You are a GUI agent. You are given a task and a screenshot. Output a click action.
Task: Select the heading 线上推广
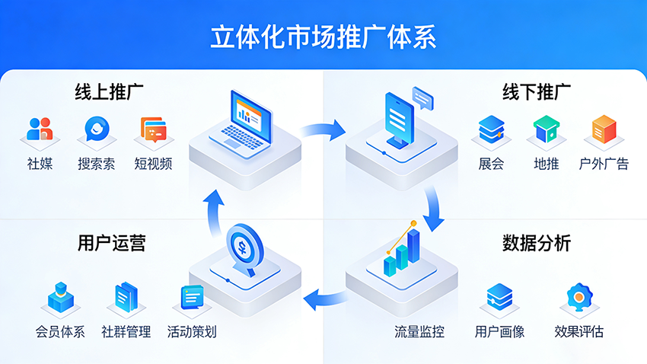click(110, 93)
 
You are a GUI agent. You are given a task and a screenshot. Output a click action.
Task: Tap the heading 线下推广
click(537, 93)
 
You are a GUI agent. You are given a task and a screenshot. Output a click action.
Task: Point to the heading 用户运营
click(110, 243)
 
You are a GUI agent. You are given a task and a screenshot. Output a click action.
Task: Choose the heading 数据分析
click(537, 243)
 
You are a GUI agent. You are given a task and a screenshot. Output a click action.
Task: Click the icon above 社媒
click(40, 129)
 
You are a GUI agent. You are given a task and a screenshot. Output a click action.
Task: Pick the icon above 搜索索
click(97, 129)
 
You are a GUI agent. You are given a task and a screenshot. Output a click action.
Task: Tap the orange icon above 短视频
click(153, 130)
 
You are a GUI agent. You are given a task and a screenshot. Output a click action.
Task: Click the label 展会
click(491, 164)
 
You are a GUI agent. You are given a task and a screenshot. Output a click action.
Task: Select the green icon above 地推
click(547, 129)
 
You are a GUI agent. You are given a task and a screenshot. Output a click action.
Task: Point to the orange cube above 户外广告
click(604, 129)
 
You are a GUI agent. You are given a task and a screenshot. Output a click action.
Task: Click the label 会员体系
click(60, 332)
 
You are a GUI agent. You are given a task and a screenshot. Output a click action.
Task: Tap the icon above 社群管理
click(126, 297)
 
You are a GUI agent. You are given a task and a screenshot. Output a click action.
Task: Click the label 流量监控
click(419, 332)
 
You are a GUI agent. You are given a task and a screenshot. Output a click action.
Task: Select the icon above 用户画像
click(499, 296)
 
